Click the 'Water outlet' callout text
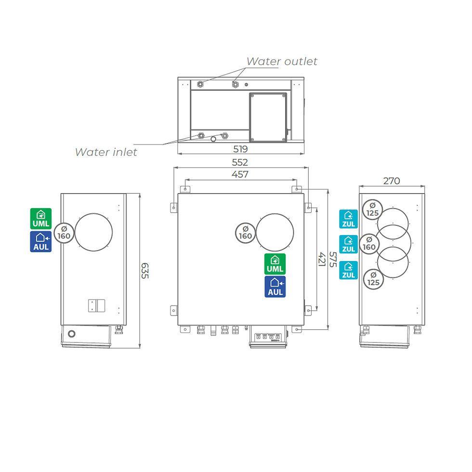[x=282, y=62]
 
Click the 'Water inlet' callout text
[x=106, y=152]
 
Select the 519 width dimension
[x=240, y=149]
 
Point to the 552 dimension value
[x=240, y=163]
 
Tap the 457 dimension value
[x=240, y=174]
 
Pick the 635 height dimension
[x=145, y=271]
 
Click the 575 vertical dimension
[x=333, y=260]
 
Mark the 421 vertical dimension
[x=322, y=259]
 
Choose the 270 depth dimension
[x=391, y=181]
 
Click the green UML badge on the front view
[x=275, y=264]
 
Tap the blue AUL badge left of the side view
[x=41, y=241]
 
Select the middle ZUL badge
[x=348, y=244]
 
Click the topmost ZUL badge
[x=348, y=219]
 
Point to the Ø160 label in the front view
[x=245, y=233]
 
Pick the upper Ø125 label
[x=372, y=210]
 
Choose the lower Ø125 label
[x=373, y=279]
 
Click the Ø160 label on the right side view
[x=369, y=244]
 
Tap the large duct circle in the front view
[x=275, y=214]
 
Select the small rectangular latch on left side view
[x=96, y=305]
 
